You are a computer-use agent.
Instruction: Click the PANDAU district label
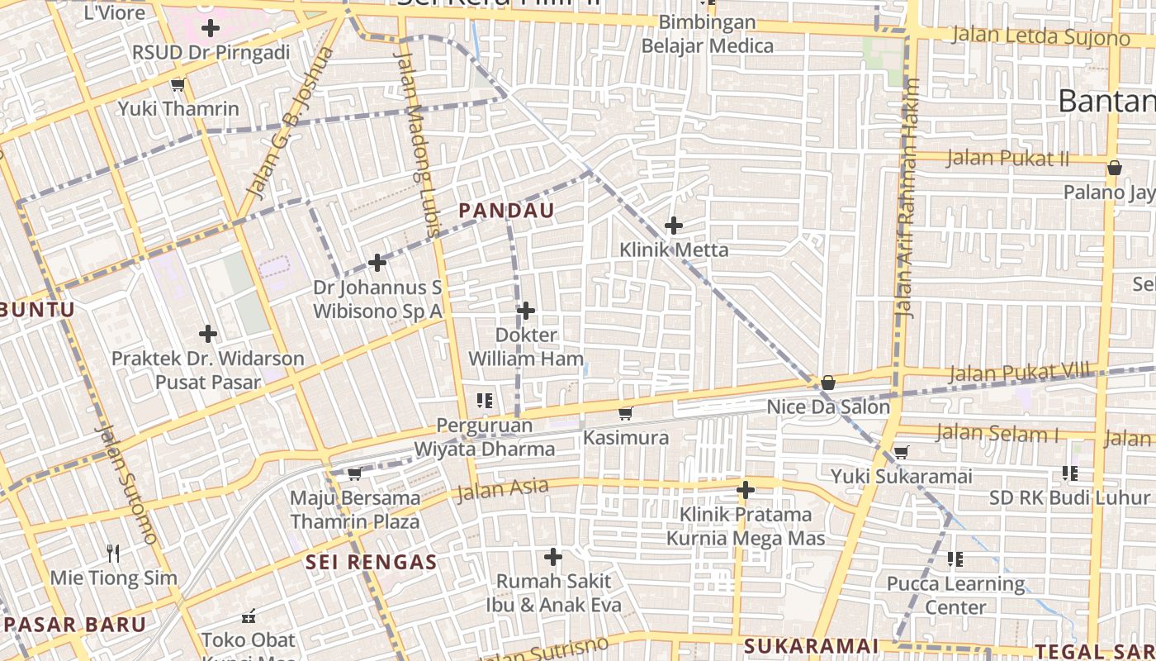[506, 211]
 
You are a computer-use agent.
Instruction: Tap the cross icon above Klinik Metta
[674, 225]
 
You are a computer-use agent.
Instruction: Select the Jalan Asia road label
[503, 489]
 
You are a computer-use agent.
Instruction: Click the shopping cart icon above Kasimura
[626, 413]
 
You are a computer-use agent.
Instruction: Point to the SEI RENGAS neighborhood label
[371, 563]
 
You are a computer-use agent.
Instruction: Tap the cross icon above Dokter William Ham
[526, 311]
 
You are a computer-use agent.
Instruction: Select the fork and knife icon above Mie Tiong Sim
[114, 553]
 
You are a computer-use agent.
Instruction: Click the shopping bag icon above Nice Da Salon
[827, 383]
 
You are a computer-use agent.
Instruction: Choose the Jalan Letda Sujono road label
[1040, 36]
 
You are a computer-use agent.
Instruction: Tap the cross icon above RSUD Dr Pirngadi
[211, 28]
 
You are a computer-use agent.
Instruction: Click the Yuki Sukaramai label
[901, 477]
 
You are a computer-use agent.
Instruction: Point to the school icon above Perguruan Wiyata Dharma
[485, 401]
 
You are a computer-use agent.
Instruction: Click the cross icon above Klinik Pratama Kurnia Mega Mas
[746, 490]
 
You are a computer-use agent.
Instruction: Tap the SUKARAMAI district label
[810, 645]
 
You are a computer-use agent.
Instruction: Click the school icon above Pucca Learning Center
[955, 559]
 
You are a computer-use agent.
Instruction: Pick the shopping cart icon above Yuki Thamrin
[178, 84]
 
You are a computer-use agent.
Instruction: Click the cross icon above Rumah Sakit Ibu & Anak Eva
[553, 557]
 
